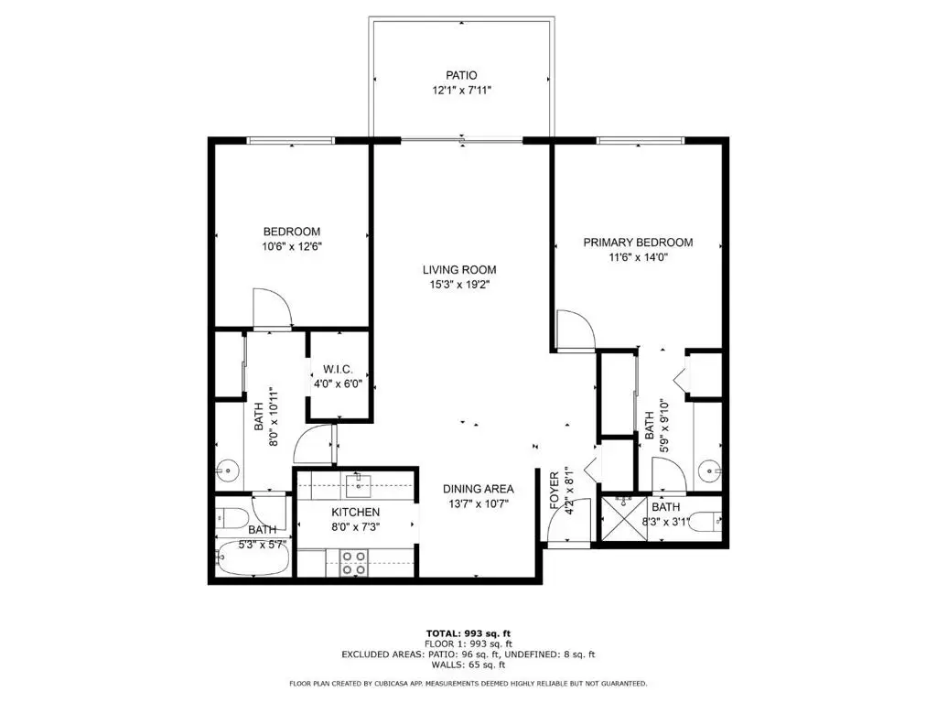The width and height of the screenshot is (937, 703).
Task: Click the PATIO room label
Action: pos(460,75)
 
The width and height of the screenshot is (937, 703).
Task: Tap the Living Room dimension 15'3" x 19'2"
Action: pos(459,286)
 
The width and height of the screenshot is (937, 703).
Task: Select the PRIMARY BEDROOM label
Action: pos(638,243)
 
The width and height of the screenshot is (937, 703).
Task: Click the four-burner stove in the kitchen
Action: pos(354,562)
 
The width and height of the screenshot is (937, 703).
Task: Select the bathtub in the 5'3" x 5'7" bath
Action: pos(252,557)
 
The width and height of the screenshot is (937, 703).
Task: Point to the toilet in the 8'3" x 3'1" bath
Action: pos(704,522)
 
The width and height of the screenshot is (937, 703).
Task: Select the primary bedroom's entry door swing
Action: pos(574,330)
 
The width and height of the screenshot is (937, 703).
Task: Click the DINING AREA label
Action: pos(478,489)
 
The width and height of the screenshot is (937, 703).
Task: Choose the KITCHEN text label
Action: pos(355,512)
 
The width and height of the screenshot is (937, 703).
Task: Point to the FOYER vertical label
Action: pos(555,492)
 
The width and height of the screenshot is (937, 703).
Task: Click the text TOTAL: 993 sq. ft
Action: pos(468,633)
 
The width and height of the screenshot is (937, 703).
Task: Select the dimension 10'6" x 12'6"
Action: pos(292,246)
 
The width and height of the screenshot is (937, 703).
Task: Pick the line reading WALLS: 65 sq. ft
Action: pos(468,665)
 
